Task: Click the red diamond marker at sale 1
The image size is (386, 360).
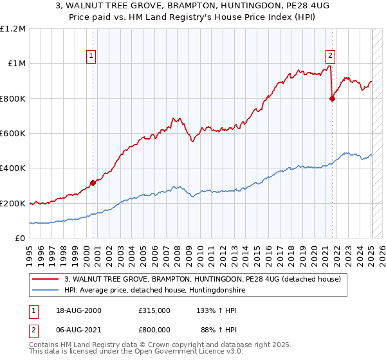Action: [93, 183]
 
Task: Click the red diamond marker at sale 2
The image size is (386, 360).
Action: [332, 98]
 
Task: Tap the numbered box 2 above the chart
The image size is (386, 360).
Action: [330, 55]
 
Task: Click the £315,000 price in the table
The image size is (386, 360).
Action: [154, 310]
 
